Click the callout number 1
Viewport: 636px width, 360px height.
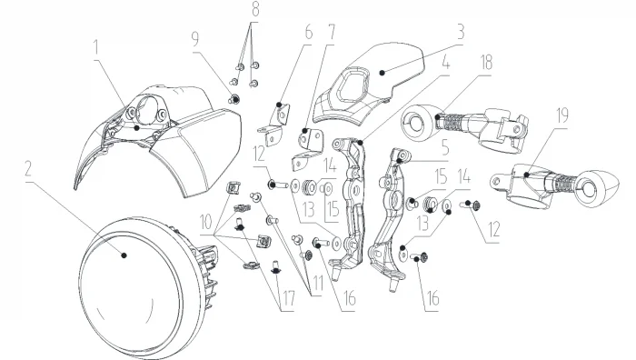coord(96,47)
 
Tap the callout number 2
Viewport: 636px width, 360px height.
coord(27,169)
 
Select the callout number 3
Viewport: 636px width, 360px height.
coord(461,32)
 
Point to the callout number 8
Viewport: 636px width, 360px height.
coord(255,9)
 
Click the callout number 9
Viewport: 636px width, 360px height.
coord(195,39)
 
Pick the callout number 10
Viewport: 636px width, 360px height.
coord(205,222)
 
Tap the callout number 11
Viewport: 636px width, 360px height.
coord(318,284)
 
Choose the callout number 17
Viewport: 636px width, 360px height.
coord(288,299)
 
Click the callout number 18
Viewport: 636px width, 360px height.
coord(486,63)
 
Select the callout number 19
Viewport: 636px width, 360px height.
coord(562,115)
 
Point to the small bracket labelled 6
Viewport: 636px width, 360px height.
coord(276,125)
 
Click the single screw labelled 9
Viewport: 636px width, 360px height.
coord(234,98)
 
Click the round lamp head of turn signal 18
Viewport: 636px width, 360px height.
coord(418,122)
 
